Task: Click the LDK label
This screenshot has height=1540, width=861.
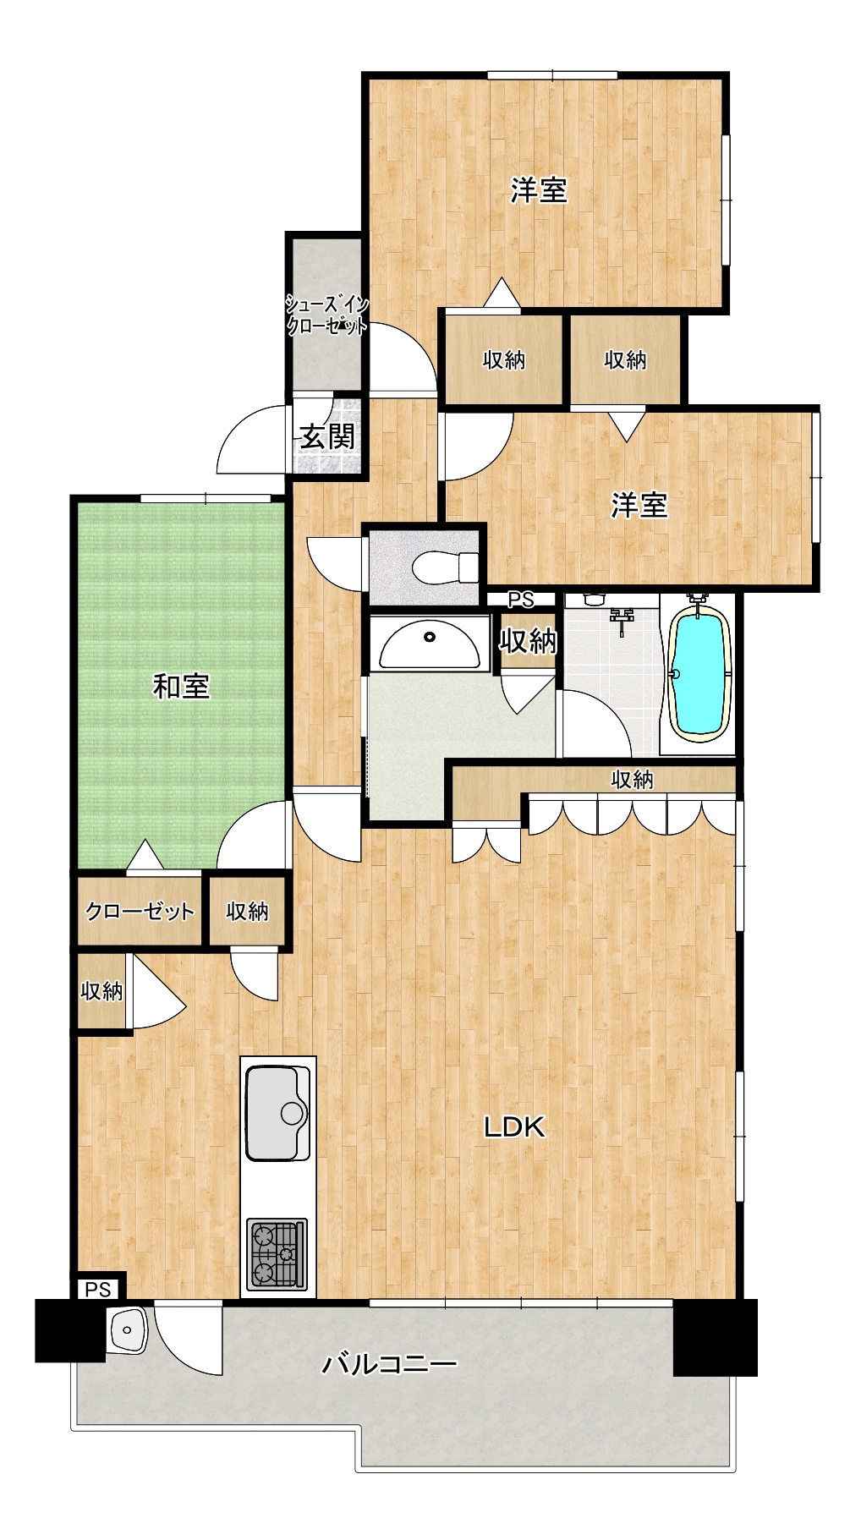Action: [x=514, y=1126]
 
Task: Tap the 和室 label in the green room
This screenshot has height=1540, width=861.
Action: [x=181, y=686]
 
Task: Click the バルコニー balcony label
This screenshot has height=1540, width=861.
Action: [x=389, y=1363]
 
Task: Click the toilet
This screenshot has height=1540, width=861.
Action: [x=445, y=566]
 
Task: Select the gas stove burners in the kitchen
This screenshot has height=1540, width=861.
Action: [x=277, y=1253]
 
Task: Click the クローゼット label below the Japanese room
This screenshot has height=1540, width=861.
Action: [x=140, y=912]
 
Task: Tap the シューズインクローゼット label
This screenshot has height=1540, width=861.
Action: [x=326, y=315]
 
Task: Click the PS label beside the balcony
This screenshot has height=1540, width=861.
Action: [x=98, y=1290]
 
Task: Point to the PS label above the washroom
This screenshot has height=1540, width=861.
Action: [x=521, y=600]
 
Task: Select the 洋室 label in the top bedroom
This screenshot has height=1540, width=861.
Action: [x=539, y=190]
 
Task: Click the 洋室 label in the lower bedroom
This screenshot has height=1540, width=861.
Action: [x=639, y=505]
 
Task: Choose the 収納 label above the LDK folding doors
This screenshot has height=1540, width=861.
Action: [x=632, y=779]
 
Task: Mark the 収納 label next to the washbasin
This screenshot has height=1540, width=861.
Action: [x=527, y=642]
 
